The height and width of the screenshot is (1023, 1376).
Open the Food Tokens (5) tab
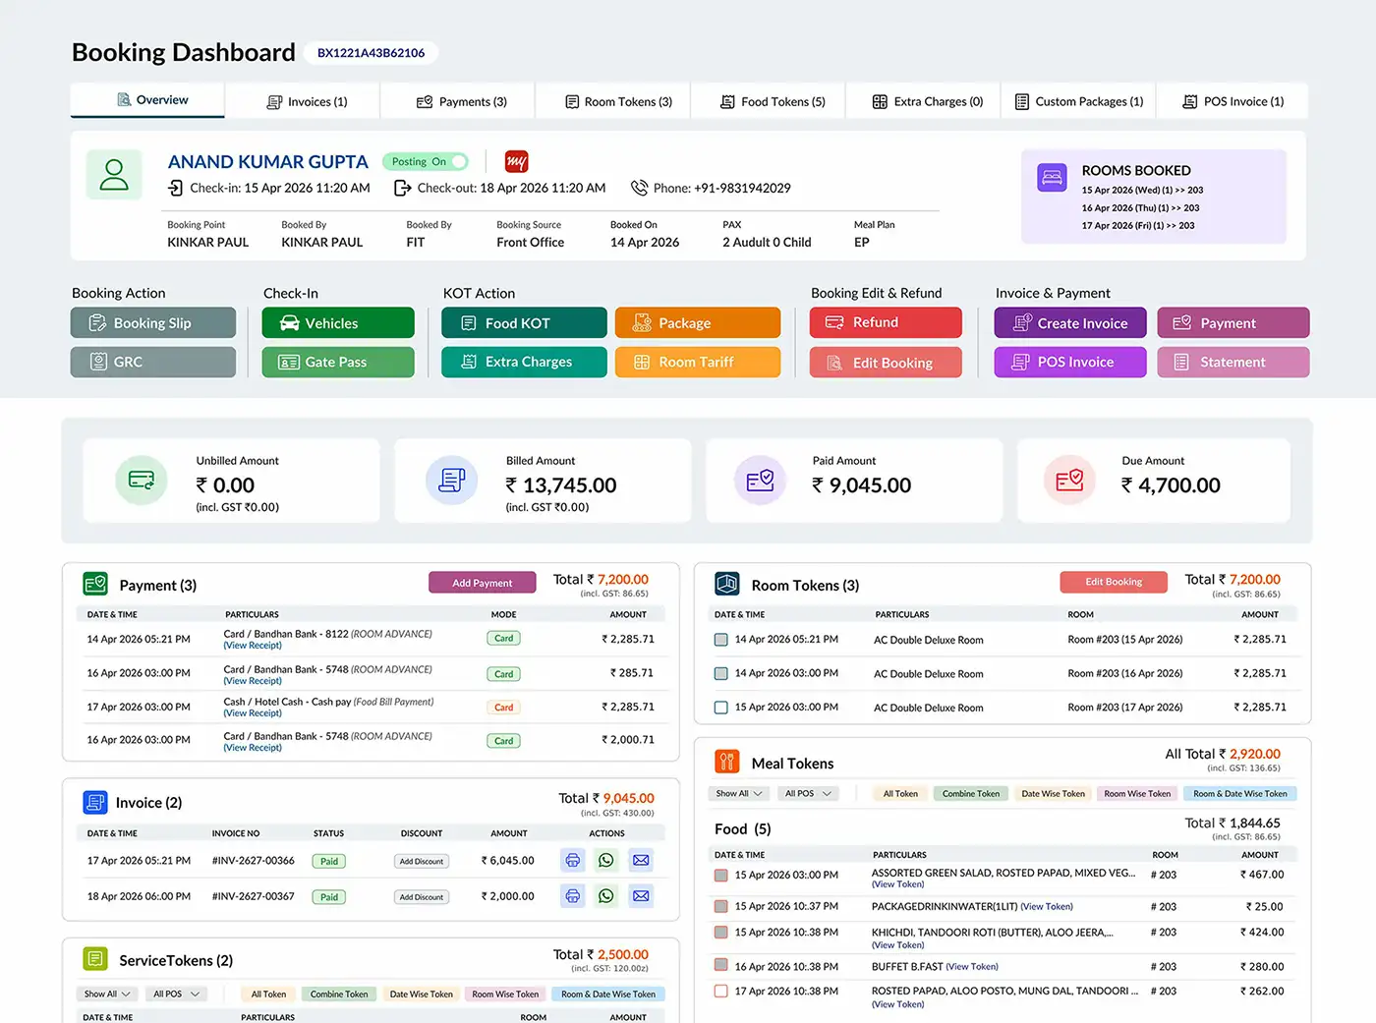773,101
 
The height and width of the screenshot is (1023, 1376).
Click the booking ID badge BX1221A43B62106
371,53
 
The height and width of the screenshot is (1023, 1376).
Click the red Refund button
886,322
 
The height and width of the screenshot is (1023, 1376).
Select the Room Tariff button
697,362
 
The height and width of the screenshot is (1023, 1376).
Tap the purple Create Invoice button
1070,322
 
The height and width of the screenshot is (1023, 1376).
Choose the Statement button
1233,362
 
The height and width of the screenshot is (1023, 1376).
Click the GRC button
153,362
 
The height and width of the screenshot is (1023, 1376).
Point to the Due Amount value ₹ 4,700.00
1171,485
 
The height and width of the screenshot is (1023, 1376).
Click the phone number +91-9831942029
742,188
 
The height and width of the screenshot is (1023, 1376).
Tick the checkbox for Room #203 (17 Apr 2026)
720,708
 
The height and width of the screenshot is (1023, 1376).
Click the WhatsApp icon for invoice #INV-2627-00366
606,861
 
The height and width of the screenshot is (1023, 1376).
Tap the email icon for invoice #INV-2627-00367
641,896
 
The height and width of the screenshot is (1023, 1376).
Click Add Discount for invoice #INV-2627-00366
422,861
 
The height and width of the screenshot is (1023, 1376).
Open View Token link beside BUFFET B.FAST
972,967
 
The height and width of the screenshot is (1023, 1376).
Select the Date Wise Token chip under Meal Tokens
1053,793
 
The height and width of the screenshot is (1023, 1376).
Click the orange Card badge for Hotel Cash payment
504,708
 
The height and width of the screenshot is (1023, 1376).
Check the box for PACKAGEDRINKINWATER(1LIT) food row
720,906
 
